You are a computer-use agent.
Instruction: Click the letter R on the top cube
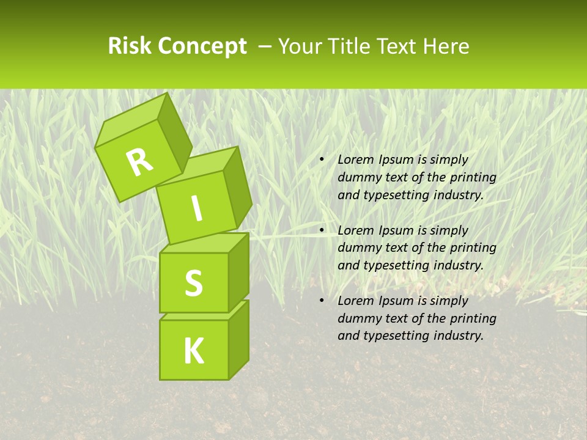coord(140,162)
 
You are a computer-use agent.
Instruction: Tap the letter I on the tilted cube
coord(196,209)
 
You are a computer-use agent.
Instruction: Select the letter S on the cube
coord(193,283)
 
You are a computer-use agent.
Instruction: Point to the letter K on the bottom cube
coord(193,351)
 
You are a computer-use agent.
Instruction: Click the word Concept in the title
coord(202,46)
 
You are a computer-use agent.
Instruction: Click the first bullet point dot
coord(322,160)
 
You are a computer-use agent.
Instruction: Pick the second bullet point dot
coord(322,230)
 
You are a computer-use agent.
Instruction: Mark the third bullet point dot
coord(322,301)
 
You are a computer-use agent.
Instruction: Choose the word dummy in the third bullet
coord(357,318)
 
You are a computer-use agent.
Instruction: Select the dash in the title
coord(266,46)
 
